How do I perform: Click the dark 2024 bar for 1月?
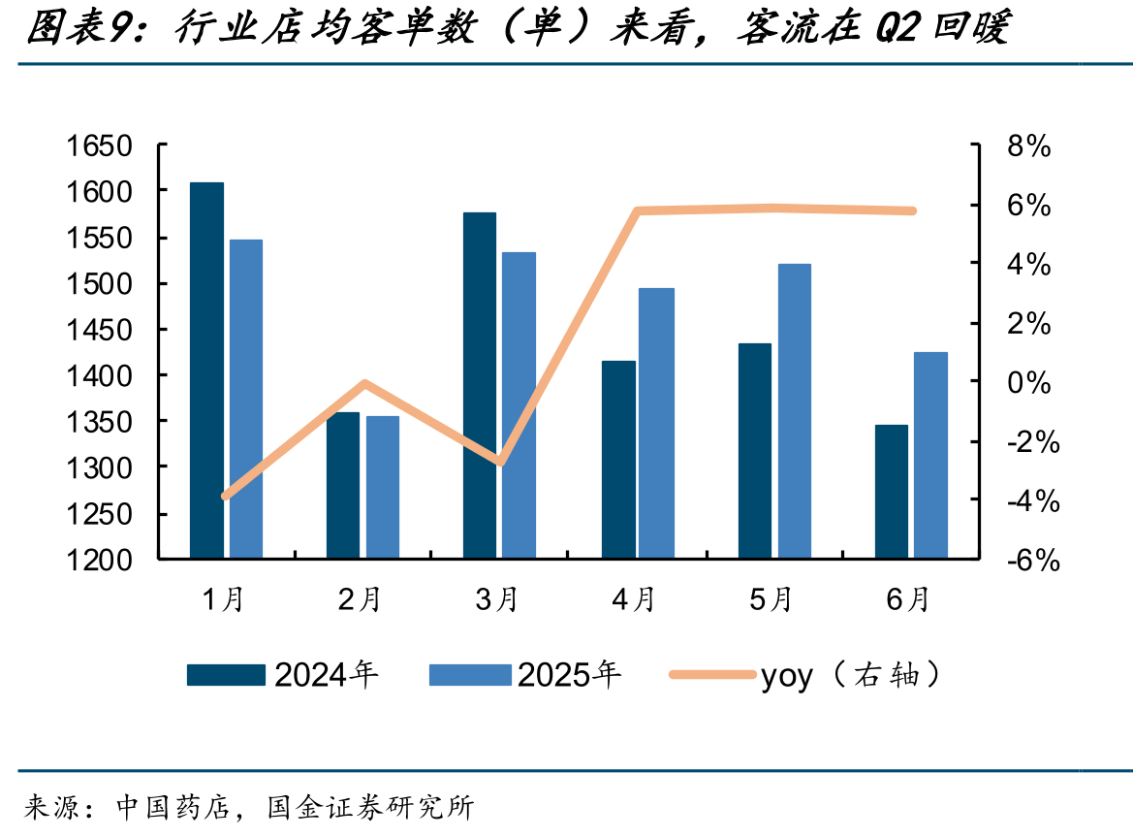point(206,370)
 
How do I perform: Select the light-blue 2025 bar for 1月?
point(245,399)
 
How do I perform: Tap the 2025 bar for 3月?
point(519,404)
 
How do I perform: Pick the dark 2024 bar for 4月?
point(618,460)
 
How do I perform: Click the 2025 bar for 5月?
point(794,411)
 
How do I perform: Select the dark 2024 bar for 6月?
point(892,492)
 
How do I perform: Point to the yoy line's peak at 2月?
point(364,383)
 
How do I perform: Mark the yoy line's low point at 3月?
point(500,461)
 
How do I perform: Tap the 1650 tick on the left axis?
point(100,146)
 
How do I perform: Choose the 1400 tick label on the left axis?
point(100,376)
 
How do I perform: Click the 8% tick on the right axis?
point(1029,146)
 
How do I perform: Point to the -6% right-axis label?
point(1033,561)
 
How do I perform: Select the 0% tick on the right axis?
point(1029,382)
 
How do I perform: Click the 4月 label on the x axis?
point(633,599)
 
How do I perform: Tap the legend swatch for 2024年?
point(226,674)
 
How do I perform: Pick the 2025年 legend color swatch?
point(470,674)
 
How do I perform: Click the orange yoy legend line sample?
point(712,674)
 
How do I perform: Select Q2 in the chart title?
point(897,27)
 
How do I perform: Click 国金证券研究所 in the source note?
point(370,807)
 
